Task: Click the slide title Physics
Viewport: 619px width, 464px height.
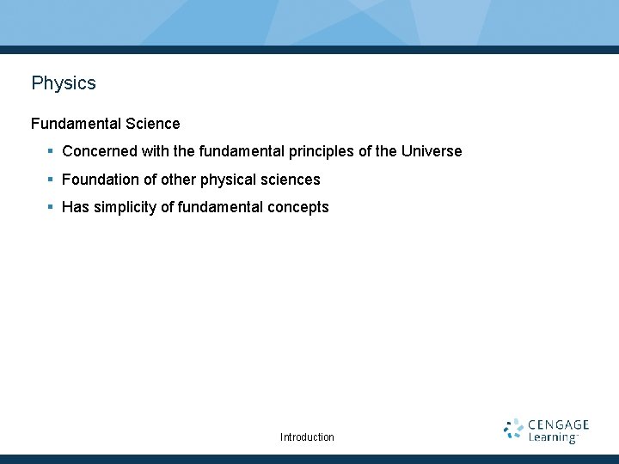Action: tap(64, 83)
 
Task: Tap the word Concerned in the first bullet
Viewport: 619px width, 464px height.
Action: tap(99, 151)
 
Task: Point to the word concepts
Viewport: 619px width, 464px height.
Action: tap(298, 207)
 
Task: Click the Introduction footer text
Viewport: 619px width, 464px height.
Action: tap(307, 437)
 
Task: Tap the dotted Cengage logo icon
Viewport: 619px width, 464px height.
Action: tap(513, 430)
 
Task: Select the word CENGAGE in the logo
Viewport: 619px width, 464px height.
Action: tap(558, 424)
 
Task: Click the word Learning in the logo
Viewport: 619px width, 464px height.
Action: tap(552, 437)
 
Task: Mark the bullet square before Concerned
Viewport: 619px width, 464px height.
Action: tap(52, 151)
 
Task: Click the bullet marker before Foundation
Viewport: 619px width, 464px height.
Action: tap(52, 180)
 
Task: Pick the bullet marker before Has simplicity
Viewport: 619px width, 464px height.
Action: tap(52, 207)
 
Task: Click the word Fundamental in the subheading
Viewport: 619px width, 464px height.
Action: tap(76, 124)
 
